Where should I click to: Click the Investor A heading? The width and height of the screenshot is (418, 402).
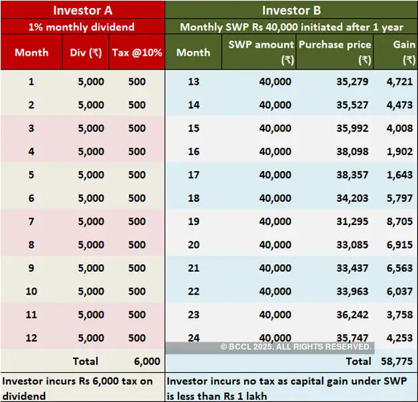[82, 10]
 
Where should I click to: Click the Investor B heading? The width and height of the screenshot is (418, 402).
[291, 10]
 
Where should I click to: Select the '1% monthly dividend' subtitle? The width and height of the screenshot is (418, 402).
[82, 28]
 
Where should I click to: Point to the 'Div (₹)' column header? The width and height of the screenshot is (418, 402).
[86, 52]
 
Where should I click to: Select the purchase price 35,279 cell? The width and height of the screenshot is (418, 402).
[354, 82]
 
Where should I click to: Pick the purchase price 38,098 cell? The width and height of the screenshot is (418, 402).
[354, 151]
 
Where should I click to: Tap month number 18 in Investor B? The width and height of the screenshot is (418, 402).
[194, 198]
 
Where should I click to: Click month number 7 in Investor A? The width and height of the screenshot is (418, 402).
[31, 222]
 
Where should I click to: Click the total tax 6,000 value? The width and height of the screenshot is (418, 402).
[147, 362]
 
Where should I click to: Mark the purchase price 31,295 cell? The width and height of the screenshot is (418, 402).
[354, 222]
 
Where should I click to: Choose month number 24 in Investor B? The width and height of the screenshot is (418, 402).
[194, 338]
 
